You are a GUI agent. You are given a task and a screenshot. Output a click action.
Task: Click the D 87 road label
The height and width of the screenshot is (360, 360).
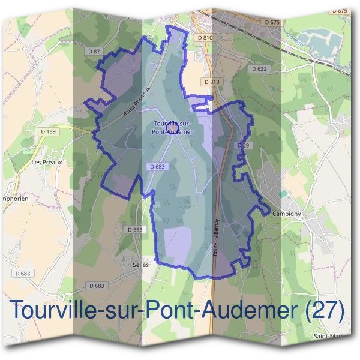coord(94,52)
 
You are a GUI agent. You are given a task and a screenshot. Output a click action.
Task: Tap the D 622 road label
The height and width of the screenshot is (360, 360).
coord(259,69)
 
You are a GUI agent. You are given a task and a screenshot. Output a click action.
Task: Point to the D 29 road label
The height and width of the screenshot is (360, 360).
coord(243,146)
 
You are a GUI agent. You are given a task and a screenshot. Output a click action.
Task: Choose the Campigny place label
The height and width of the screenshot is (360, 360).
coord(286,214)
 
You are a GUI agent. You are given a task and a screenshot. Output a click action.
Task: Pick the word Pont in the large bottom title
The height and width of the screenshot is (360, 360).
coord(170,310)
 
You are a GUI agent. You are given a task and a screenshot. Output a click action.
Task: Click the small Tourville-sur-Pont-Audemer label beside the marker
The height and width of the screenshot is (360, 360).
coord(173,127)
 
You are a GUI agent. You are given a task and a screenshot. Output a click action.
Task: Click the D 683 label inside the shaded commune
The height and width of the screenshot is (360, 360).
coord(155,166)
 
